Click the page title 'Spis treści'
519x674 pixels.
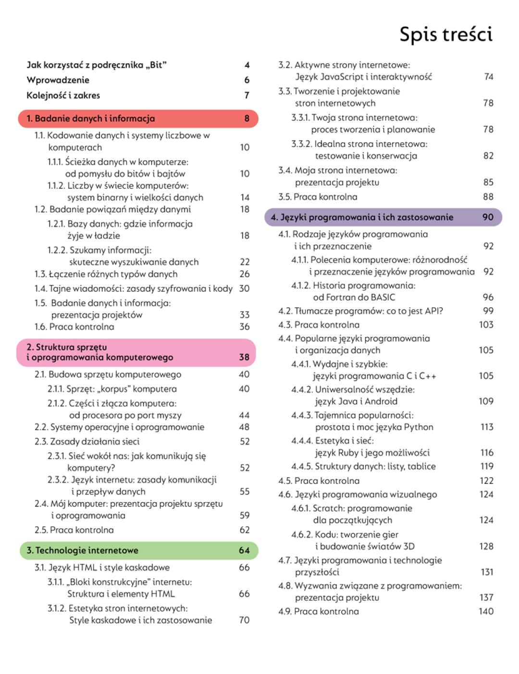[x=446, y=35]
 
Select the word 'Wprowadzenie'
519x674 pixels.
[x=58, y=80]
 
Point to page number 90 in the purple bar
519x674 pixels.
[x=488, y=217]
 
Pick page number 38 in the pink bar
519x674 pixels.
[x=244, y=357]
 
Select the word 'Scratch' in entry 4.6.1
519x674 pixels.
[x=328, y=508]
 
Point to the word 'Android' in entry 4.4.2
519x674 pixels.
[x=381, y=401]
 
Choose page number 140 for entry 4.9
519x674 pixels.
[x=486, y=611]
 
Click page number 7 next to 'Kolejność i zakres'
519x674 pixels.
[x=247, y=96]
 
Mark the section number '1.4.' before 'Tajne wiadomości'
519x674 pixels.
[x=41, y=289]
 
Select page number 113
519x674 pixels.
[x=487, y=427]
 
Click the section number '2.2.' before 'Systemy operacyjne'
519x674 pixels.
[x=41, y=427]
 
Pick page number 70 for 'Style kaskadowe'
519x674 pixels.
[x=244, y=620]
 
